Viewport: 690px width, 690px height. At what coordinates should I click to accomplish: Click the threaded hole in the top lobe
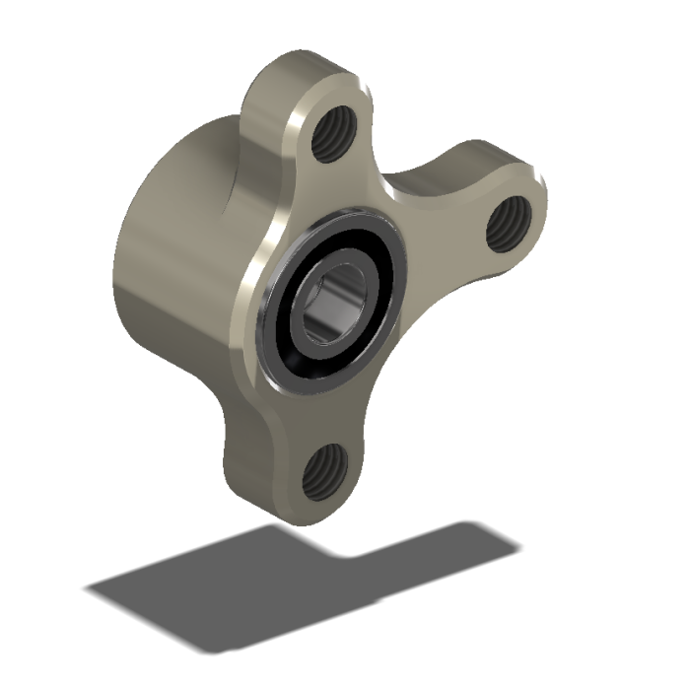(x=332, y=138)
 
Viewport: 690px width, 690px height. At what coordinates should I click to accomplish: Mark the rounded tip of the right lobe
(x=537, y=202)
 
